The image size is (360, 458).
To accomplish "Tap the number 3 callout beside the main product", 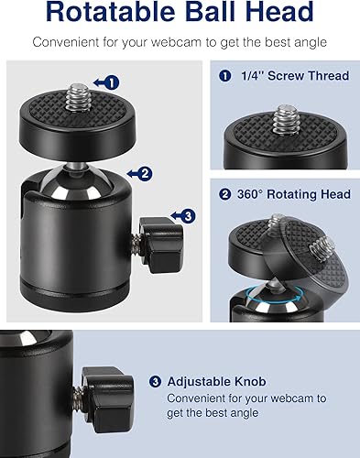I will pos(186,216).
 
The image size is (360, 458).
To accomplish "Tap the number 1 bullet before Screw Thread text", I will pos(225,76).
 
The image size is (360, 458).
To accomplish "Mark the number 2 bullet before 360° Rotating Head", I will pos(225,193).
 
